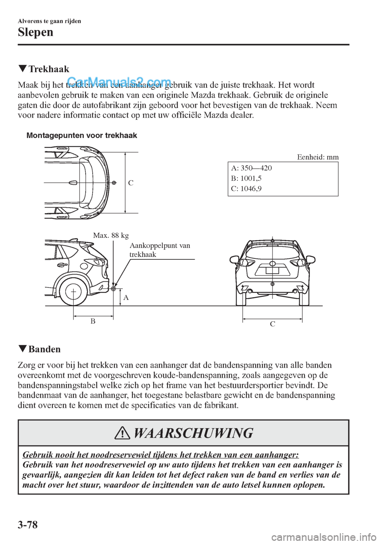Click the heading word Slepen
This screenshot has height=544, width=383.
[36, 32]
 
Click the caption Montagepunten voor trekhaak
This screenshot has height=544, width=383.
[82, 135]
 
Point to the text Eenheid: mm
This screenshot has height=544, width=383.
[318, 157]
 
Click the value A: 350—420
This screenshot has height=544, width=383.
[251, 168]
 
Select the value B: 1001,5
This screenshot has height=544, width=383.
[246, 178]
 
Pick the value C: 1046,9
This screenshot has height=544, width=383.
[246, 189]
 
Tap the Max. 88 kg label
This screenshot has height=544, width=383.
[111, 235]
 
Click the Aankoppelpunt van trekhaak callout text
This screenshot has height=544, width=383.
[160, 250]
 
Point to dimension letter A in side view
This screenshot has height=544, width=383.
[126, 298]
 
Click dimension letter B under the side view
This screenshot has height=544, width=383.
[93, 321]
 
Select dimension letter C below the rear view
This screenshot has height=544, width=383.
[272, 324]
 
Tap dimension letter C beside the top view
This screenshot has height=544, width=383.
[131, 183]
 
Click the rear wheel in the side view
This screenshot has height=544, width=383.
[74, 291]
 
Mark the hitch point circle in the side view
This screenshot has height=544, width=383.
[114, 288]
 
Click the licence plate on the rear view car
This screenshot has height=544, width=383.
[272, 270]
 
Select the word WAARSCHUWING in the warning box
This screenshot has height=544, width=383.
[193, 433]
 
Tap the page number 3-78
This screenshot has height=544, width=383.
[28, 524]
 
